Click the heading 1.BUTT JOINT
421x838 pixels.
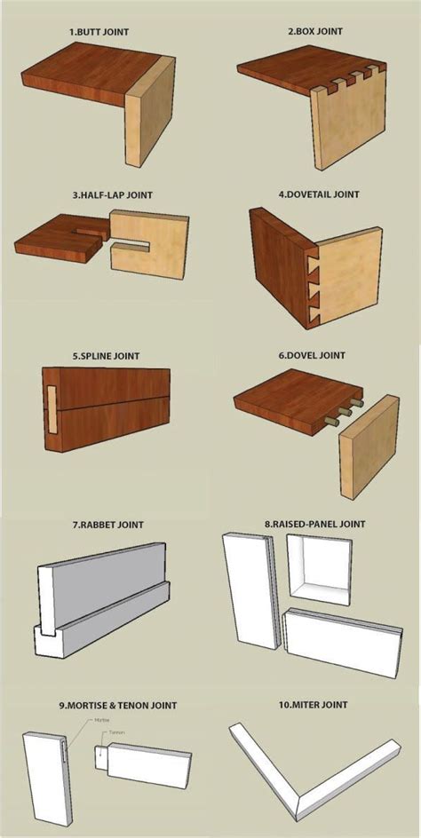[x=99, y=32]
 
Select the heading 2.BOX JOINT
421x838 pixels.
[x=314, y=32]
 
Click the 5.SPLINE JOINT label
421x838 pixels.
[x=99, y=356]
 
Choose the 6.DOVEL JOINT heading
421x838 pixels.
[x=312, y=356]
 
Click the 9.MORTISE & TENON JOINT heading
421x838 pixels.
[x=119, y=705]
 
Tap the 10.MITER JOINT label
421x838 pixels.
[x=311, y=705]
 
